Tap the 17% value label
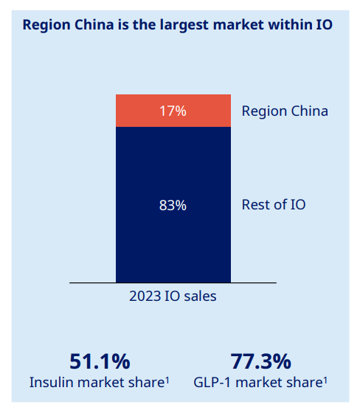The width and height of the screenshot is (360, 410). click(173, 111)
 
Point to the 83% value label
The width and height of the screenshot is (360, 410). click(173, 206)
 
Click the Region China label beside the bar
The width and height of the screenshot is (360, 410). click(285, 111)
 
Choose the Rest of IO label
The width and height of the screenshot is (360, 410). click(274, 205)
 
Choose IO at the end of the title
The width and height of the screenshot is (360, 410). click(325, 25)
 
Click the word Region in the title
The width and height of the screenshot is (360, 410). click(47, 25)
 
